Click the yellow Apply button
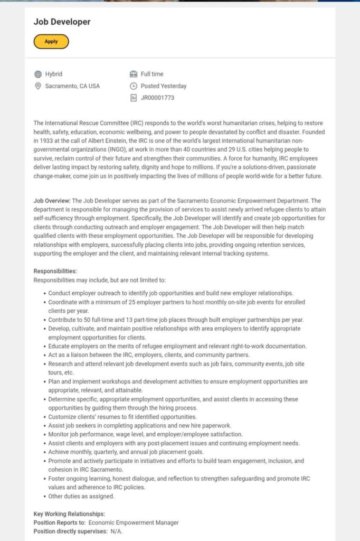click(x=51, y=41)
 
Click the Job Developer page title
click(x=62, y=22)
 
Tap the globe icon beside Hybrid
click(x=38, y=74)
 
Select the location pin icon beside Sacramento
click(x=38, y=86)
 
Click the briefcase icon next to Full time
click(x=134, y=74)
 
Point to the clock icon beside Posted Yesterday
click(x=134, y=86)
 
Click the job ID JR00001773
click(x=157, y=98)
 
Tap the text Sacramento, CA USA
click(x=72, y=86)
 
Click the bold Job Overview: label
click(x=52, y=201)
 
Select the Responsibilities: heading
click(x=55, y=271)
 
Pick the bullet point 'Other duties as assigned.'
click(x=81, y=496)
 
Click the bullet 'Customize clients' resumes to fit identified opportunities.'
click(x=122, y=417)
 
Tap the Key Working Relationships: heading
click(x=69, y=514)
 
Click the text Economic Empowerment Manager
click(x=134, y=523)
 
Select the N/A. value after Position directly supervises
click(x=117, y=531)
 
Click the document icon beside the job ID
click(x=134, y=98)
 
